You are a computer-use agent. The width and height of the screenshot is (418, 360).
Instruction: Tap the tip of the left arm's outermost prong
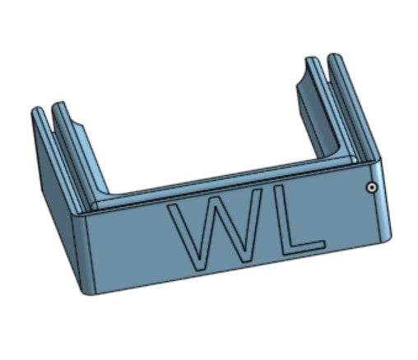[x=35, y=111]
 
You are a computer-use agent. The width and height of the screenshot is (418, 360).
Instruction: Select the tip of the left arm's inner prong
[x=58, y=106]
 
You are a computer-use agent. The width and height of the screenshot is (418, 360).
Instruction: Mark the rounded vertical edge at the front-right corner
[x=382, y=197]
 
